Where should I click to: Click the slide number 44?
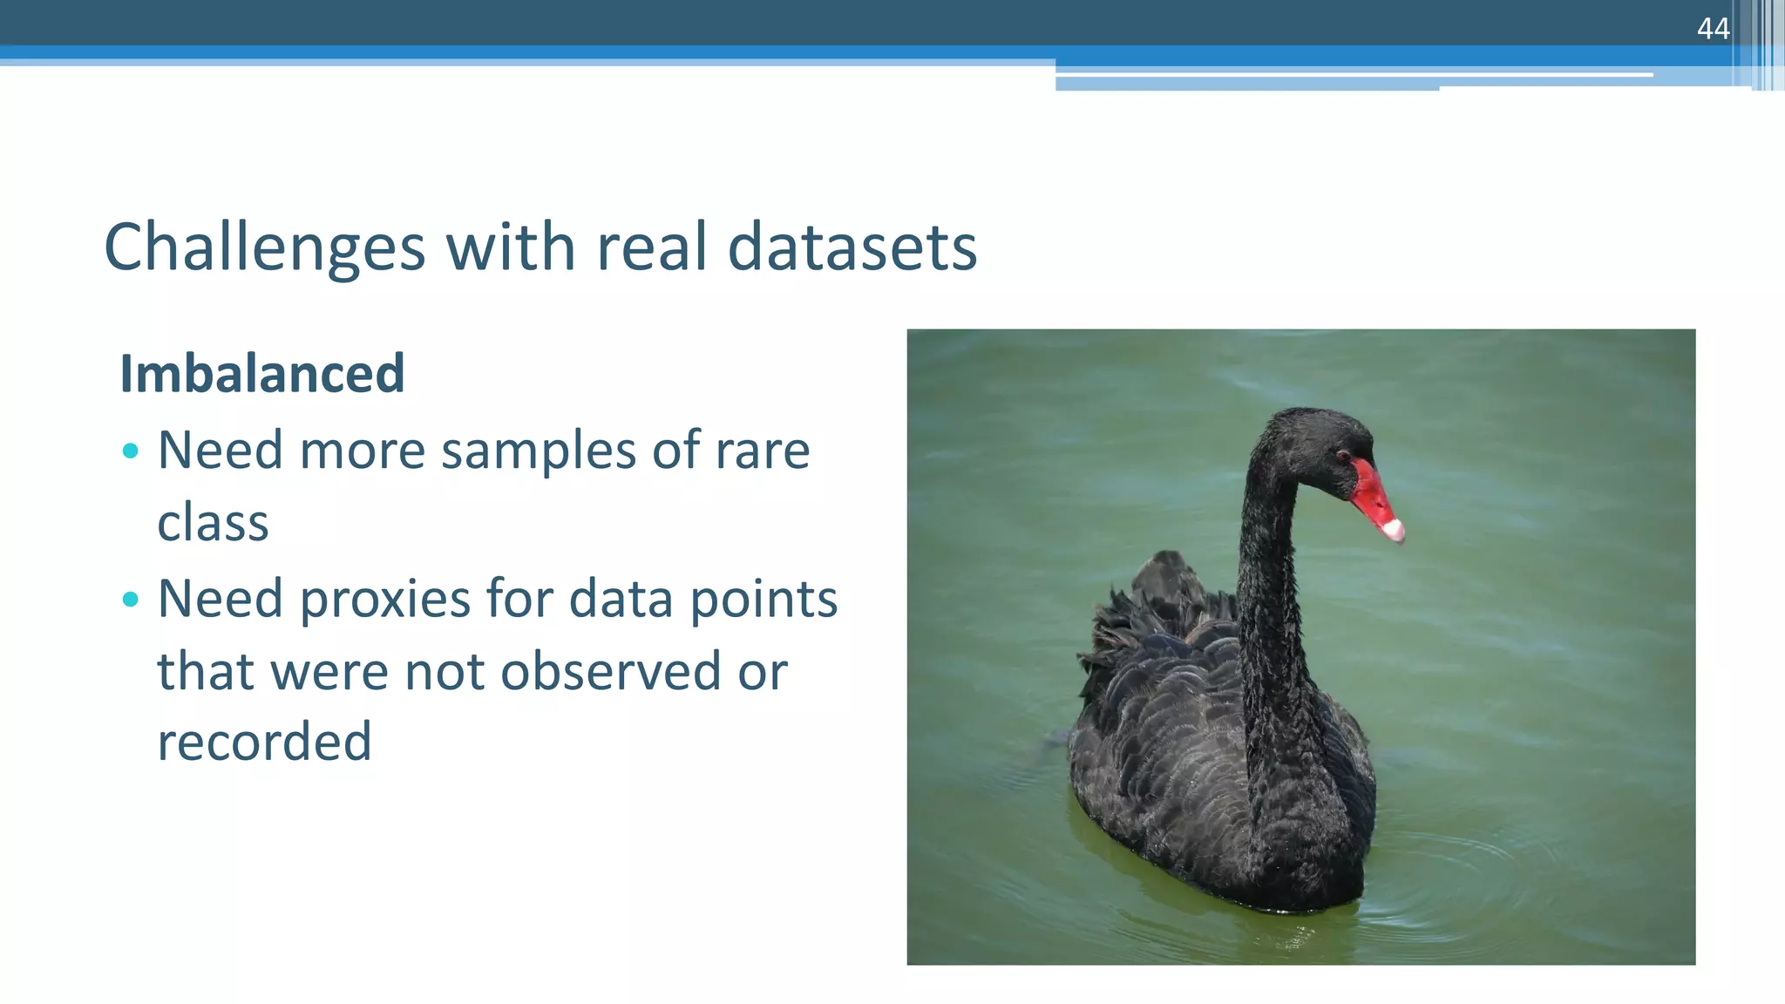[1713, 29]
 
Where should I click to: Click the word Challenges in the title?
[264, 248]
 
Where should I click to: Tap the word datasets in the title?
[852, 248]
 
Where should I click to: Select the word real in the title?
[650, 248]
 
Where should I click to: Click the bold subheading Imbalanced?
[261, 374]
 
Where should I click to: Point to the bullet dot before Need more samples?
[131, 451]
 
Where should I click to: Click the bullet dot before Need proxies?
[131, 599]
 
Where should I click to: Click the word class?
[213, 523]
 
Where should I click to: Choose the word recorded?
[264, 743]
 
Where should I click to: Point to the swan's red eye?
[1342, 455]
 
